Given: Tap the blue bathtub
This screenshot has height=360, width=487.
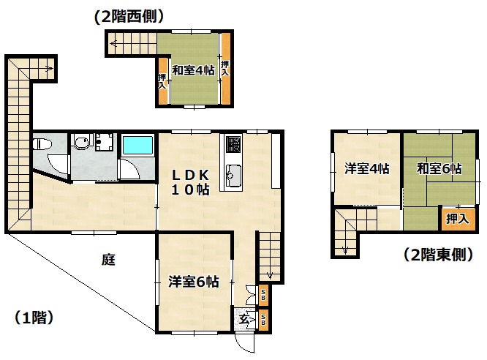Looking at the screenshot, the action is pos(138,145).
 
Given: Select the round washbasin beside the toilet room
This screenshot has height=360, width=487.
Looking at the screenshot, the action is pos(83,143).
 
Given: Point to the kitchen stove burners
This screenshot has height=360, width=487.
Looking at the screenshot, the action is pos(233,144).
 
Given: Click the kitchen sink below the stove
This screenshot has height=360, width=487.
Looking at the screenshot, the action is pos(233,175).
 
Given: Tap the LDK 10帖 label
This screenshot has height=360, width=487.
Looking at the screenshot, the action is pos(190,182).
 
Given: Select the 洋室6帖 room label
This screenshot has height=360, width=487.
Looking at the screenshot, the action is pos(194,282).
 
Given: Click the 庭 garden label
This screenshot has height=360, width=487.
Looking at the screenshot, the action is pos(108,260).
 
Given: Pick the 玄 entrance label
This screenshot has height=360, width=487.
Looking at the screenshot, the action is pos(243,319).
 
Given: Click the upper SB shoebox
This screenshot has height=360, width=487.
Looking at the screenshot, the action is pos(263,296).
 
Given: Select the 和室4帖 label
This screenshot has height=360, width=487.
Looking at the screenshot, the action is pos(193,70).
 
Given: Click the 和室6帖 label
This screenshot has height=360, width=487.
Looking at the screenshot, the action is pos(439,169).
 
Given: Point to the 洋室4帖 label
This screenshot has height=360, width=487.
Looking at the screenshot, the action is pos(367,169).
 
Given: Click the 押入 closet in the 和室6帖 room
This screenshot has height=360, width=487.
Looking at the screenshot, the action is pos(458,219).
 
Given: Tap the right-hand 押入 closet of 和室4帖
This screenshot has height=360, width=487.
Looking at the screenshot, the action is pos(225,68).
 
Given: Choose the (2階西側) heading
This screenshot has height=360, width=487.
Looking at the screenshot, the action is pos(129,17).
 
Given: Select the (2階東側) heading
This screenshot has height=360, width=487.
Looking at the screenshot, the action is pos(439,255).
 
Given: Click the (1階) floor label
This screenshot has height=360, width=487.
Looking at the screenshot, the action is pos(34,318).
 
